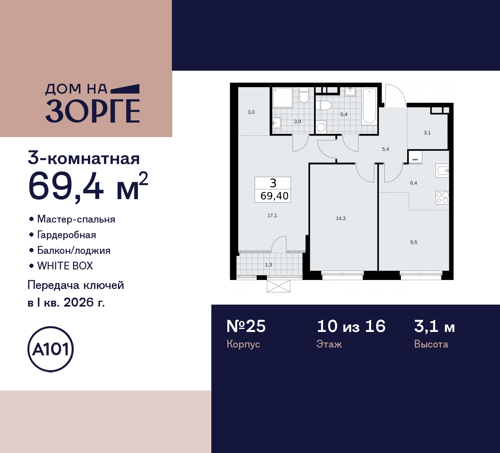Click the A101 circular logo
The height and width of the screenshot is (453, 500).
(50, 349)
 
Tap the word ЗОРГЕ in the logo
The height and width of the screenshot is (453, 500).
(93, 111)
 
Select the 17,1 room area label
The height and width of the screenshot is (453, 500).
(272, 215)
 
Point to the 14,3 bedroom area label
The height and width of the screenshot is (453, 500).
(341, 218)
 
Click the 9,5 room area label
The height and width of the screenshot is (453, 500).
(414, 242)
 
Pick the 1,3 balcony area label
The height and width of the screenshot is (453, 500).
(268, 265)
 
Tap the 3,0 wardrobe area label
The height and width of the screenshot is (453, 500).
(251, 112)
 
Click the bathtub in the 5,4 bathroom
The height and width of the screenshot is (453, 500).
(369, 106)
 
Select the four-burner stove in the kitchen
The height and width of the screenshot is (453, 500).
(442, 198)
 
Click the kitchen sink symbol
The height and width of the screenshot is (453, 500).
(443, 171)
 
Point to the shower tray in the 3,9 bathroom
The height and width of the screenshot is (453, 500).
(282, 98)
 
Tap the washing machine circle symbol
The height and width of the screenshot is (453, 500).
(321, 127)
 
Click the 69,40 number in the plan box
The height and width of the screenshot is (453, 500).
(274, 196)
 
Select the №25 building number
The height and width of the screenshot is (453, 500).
(246, 326)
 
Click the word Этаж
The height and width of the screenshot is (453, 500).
(329, 344)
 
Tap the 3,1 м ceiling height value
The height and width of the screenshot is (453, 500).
(434, 326)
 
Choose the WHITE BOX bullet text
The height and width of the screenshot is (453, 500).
(65, 266)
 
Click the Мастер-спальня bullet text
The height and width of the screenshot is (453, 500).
(76, 219)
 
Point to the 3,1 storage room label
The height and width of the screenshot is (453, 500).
(427, 133)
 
